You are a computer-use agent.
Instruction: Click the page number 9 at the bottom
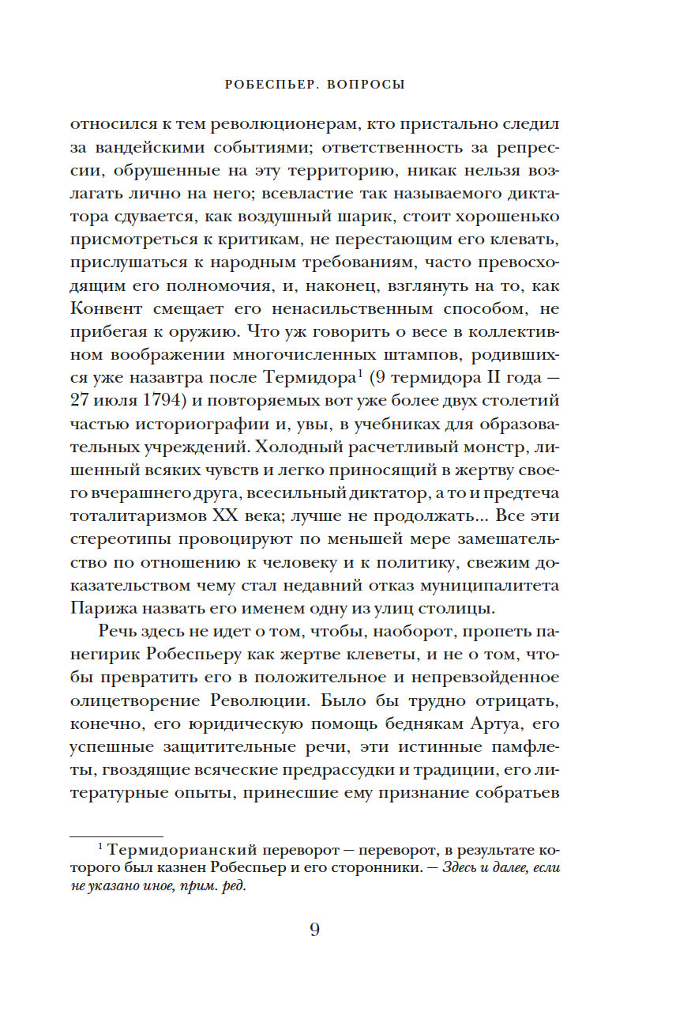point(314,930)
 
